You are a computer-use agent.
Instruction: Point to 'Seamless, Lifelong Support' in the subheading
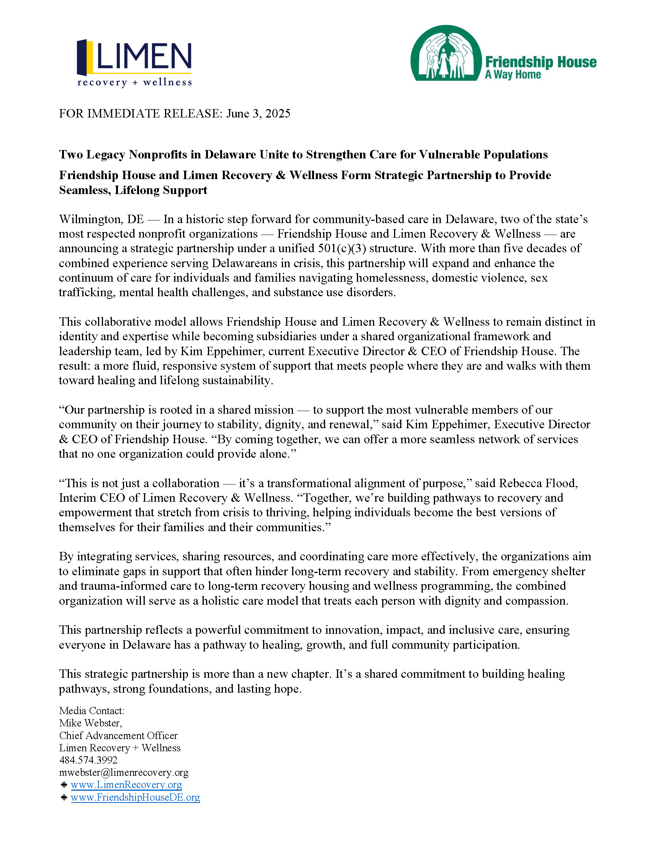pos(133,190)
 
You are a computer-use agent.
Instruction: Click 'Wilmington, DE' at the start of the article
pos(101,219)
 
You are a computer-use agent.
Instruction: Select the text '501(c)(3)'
pos(342,248)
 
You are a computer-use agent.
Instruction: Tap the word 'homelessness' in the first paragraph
pos(392,277)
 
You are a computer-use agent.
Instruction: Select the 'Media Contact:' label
pos(92,711)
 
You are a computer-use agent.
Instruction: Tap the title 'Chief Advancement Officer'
pos(118,735)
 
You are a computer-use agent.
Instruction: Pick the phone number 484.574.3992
pos(88,760)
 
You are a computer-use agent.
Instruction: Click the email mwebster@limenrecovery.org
pos(124,772)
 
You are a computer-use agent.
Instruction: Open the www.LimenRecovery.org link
pos(126,785)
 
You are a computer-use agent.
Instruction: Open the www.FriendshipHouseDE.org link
pos(135,797)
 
